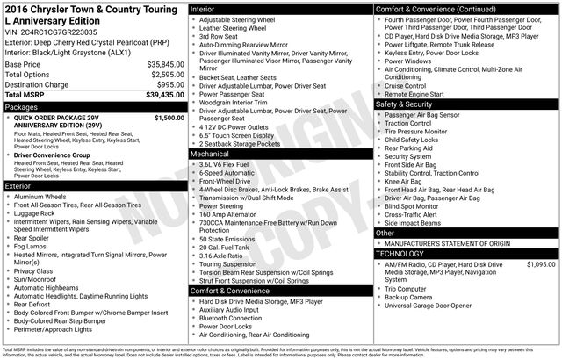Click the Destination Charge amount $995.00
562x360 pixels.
[165, 84]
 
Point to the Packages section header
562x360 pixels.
[21, 106]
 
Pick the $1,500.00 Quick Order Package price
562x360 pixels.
[164, 117]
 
